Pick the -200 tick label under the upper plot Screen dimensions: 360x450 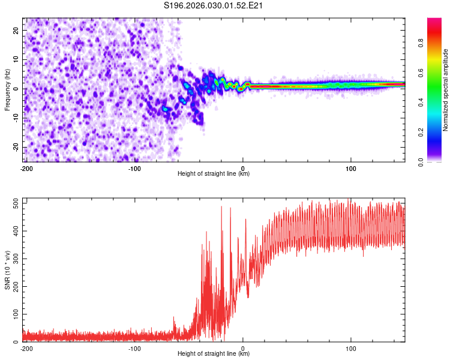[x=26, y=168]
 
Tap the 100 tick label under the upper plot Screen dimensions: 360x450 [x=351, y=168]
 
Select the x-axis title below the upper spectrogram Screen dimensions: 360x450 [x=214, y=174]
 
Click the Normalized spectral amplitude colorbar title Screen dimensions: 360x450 [x=445, y=90]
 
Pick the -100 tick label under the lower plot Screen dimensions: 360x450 [x=134, y=348]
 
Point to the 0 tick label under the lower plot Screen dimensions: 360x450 [x=243, y=348]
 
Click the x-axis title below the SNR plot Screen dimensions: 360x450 [x=214, y=354]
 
